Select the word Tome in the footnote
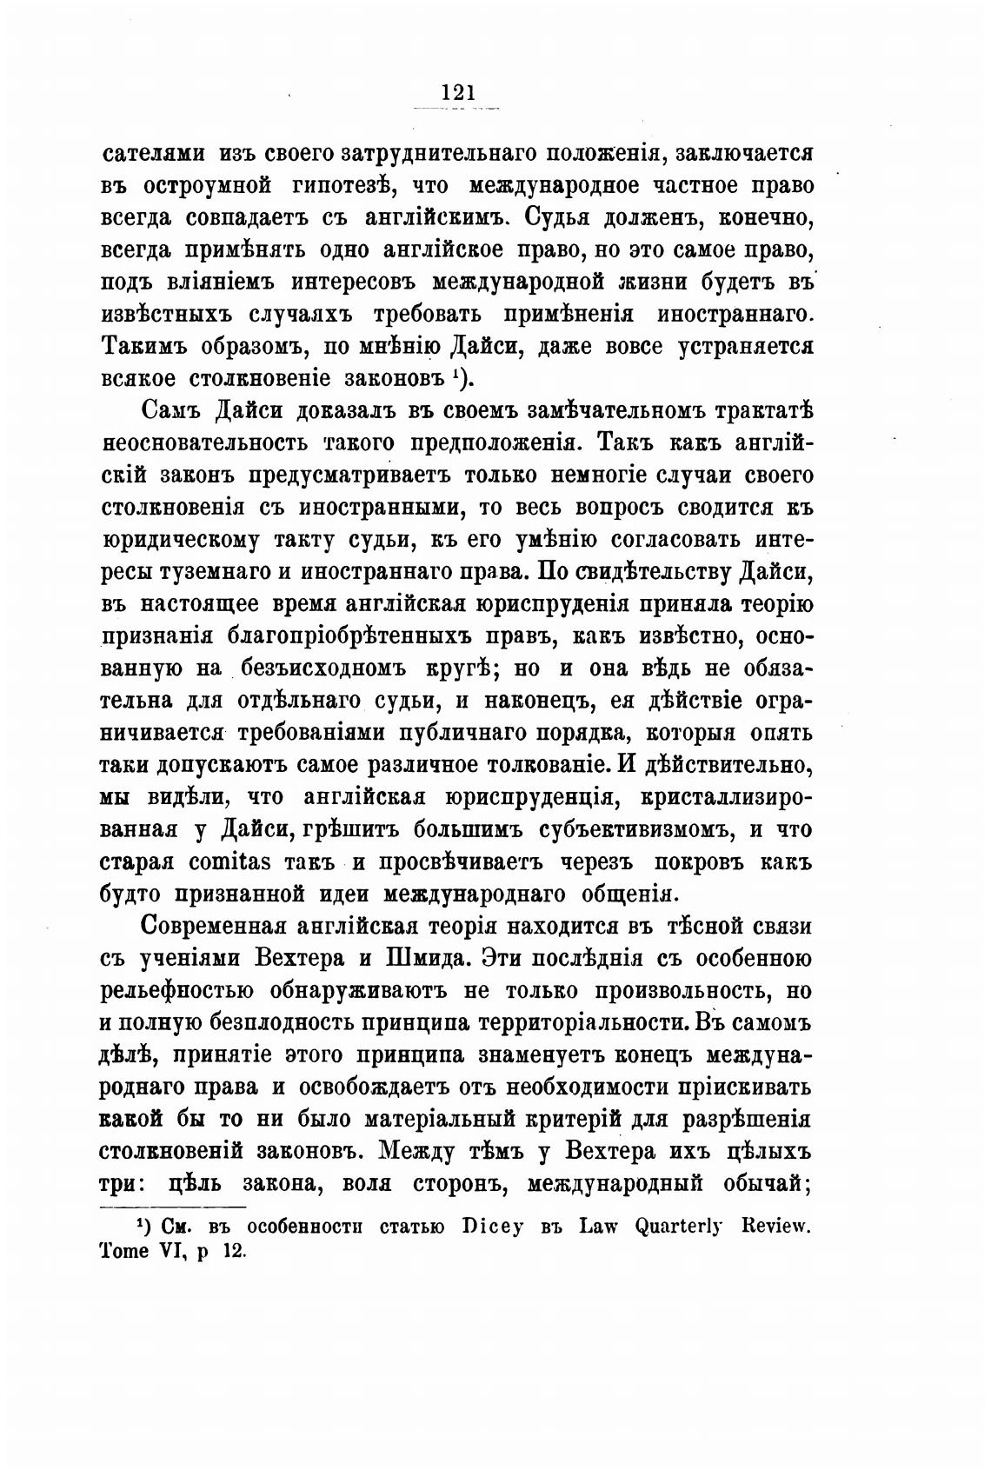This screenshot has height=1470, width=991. coord(127,1252)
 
